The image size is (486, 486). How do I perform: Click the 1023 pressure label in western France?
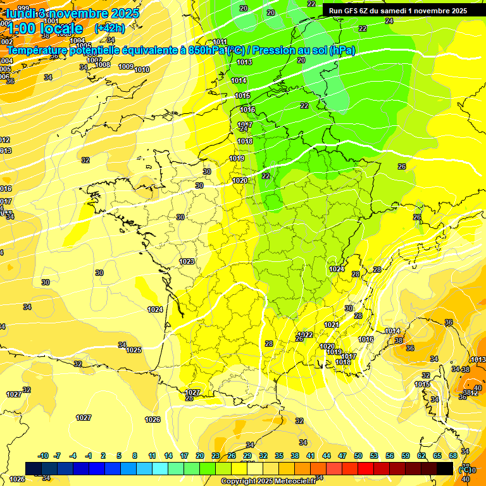(187, 261)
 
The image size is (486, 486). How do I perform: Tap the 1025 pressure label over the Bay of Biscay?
(134, 350)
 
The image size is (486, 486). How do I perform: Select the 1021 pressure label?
(331, 325)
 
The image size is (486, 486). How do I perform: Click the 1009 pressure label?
(126, 66)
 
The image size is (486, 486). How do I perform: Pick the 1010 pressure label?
(142, 70)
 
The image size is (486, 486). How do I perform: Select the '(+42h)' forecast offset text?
(109, 28)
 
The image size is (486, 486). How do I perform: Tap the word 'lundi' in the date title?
(20, 13)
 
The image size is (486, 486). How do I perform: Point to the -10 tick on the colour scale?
(43, 456)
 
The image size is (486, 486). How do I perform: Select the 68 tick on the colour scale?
(453, 456)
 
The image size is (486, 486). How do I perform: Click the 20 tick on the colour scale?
(200, 456)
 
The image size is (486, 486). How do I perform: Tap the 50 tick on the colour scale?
(358, 456)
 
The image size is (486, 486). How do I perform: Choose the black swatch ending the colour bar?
(445, 468)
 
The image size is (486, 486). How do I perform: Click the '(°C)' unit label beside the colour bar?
(465, 470)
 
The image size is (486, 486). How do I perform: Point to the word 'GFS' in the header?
(352, 11)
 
